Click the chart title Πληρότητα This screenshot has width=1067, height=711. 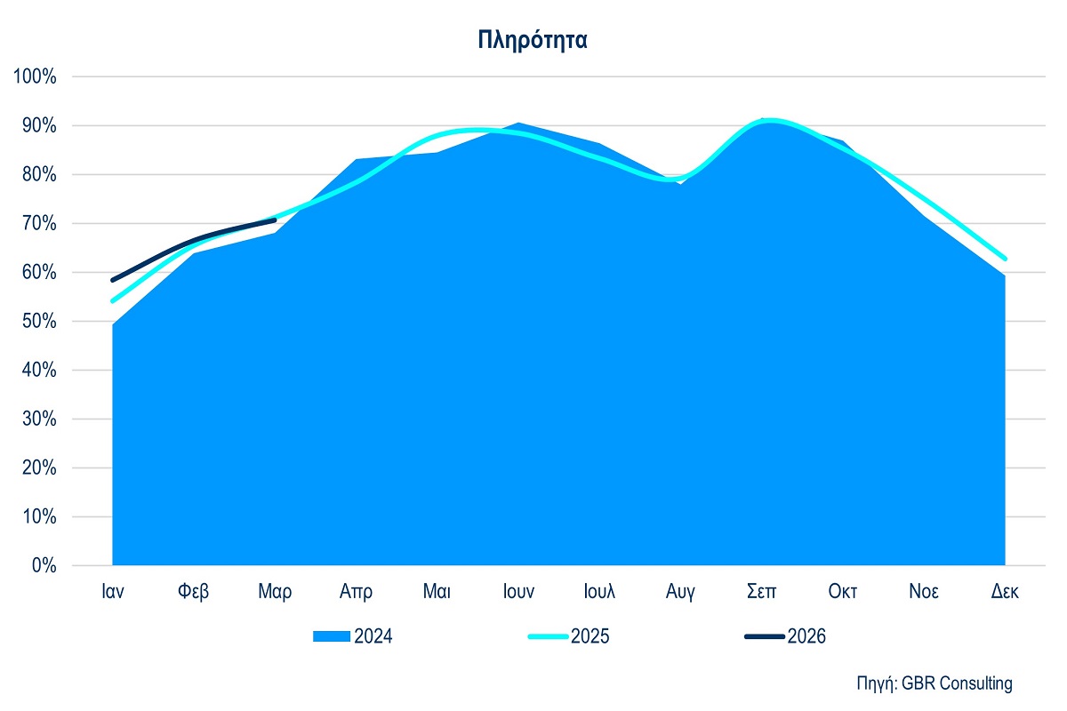tap(532, 40)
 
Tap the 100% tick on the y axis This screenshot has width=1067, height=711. tap(36, 76)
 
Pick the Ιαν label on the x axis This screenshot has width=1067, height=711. tap(112, 592)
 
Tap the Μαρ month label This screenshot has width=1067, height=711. tap(275, 592)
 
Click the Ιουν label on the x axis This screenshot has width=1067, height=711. tap(517, 592)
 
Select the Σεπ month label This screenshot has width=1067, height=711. tap(762, 592)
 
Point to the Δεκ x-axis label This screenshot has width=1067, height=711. tap(1005, 592)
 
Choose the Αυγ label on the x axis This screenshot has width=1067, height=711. tap(680, 592)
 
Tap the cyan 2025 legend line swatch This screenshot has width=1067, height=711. tap(548, 636)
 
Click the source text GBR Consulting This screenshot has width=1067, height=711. tap(957, 683)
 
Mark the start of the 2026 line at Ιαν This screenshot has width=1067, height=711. tap(113, 280)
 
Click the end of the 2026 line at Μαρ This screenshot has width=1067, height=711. tap(275, 220)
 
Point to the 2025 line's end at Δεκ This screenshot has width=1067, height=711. tap(1005, 259)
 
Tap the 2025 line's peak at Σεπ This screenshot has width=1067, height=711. tap(770, 120)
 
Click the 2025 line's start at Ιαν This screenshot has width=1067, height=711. tap(113, 300)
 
